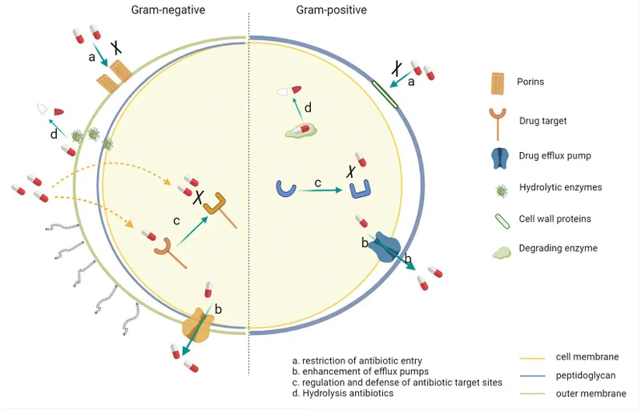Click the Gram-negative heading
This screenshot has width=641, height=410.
169,10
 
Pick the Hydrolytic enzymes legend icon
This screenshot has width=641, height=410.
498,187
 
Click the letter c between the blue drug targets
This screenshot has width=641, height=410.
317,184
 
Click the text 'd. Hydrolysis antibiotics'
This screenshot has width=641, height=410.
343,394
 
